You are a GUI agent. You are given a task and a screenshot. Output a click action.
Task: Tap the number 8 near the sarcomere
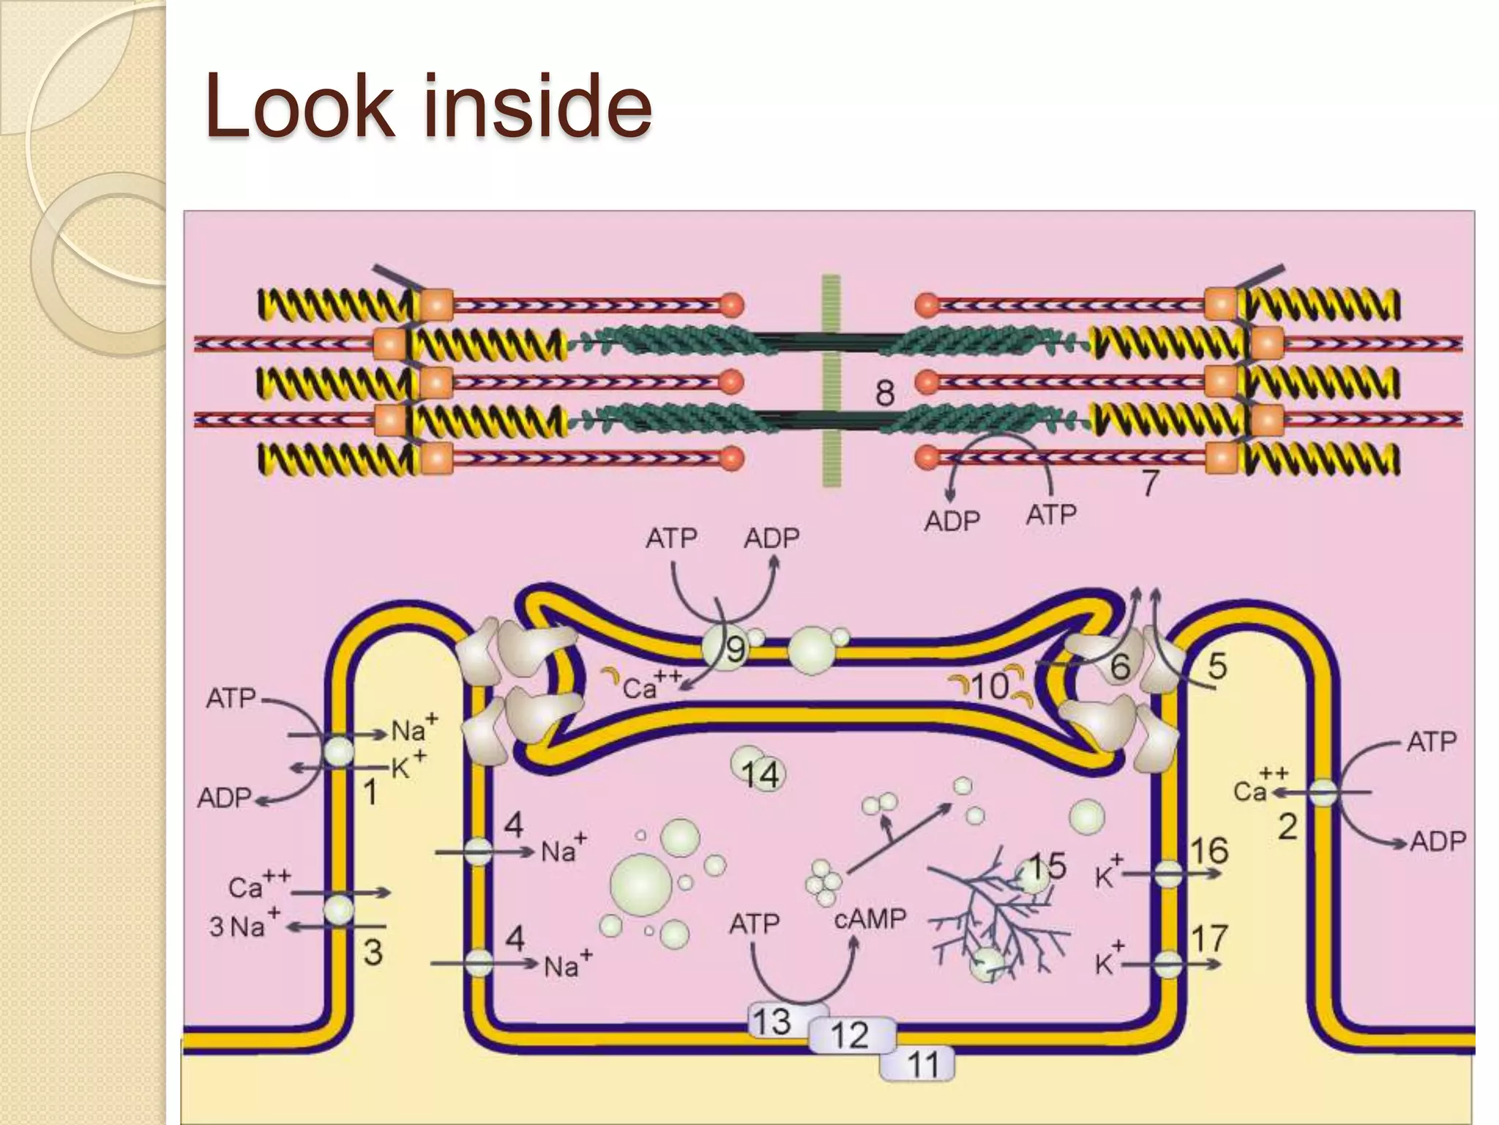tap(885, 393)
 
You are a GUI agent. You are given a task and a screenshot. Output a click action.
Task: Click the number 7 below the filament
tap(1151, 483)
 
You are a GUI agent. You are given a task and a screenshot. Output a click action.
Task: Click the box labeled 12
tap(851, 1035)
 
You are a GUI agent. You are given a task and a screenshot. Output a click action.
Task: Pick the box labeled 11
tap(922, 1064)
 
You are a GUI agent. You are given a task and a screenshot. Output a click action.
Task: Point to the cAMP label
tap(870, 918)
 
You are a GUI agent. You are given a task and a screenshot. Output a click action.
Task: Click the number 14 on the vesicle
tap(760, 775)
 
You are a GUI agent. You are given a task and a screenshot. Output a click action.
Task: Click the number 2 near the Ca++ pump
tap(1287, 826)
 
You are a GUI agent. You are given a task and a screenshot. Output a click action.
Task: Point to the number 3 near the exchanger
tap(373, 952)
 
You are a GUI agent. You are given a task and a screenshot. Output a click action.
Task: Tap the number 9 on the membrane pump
tap(735, 649)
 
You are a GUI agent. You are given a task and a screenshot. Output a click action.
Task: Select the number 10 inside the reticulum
tap(990, 686)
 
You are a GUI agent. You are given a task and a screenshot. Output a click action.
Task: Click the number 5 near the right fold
tap(1216, 666)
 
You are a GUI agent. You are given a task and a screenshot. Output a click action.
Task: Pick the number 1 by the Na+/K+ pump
tap(370, 792)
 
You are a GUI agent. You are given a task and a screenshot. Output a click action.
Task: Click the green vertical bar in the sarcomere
tap(831, 380)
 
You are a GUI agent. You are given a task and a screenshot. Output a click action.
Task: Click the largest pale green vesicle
tap(641, 884)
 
